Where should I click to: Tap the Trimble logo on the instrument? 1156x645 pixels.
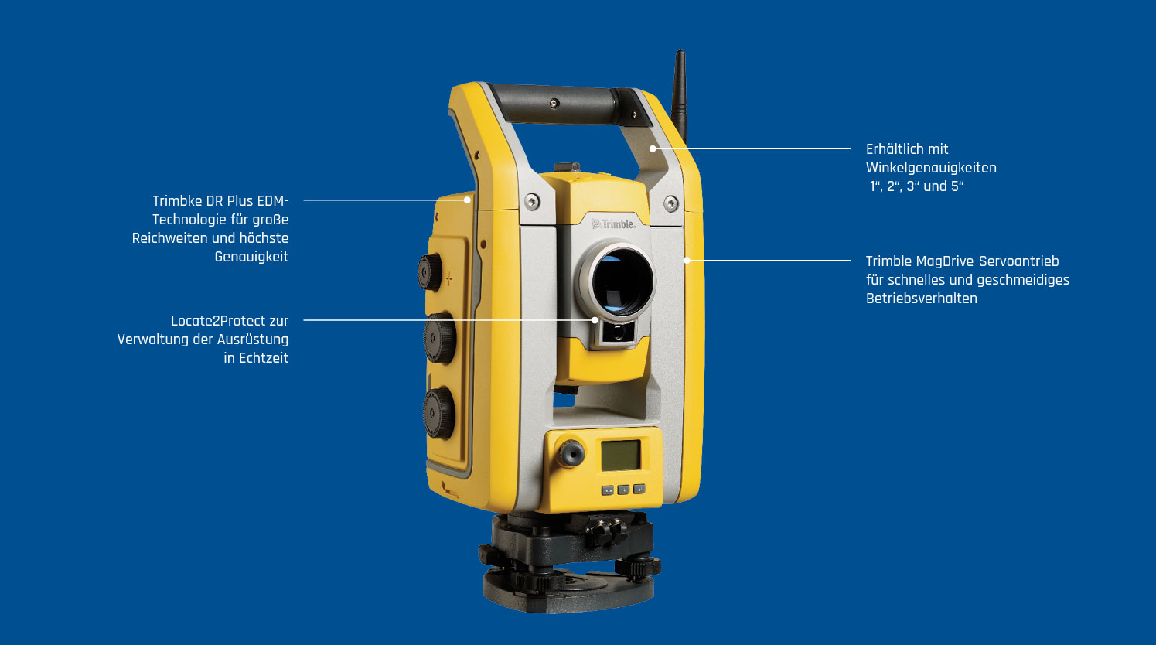click(614, 224)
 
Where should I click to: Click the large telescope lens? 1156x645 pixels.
click(622, 282)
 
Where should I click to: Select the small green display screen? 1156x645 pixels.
click(620, 455)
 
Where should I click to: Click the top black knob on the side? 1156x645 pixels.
click(430, 272)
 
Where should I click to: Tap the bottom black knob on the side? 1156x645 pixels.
click(438, 413)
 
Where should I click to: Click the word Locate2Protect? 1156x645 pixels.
click(218, 321)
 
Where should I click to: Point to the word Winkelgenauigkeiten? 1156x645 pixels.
click(931, 168)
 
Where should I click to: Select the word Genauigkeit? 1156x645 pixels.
click(251, 257)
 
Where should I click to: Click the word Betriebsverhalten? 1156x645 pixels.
click(921, 299)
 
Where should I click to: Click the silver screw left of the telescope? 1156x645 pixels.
click(532, 202)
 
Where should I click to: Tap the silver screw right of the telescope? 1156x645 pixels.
click(671, 204)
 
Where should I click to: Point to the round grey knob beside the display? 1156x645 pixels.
click(571, 453)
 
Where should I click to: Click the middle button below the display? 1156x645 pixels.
click(623, 490)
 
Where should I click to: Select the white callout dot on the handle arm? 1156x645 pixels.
click(653, 148)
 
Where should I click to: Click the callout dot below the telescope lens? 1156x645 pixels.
click(595, 320)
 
